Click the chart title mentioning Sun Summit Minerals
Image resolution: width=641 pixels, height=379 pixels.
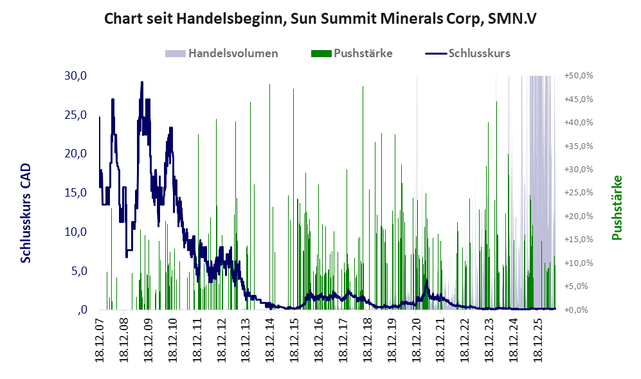click(x=320, y=19)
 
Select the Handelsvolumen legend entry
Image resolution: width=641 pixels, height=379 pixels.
click(x=222, y=53)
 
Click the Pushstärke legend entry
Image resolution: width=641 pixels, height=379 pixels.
click(x=352, y=53)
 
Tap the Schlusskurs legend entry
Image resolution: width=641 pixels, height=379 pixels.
click(x=467, y=53)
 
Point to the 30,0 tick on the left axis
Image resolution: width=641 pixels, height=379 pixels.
click(x=76, y=76)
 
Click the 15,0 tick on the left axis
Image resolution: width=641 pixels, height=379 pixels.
click(x=76, y=193)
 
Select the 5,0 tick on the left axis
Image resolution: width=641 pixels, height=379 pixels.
click(x=79, y=271)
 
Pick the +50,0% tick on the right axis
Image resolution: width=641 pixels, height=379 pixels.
click(x=579, y=76)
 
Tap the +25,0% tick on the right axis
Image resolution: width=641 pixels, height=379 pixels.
click(x=579, y=193)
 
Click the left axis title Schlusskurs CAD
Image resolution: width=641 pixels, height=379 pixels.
click(x=26, y=213)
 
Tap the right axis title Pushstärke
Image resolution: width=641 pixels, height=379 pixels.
click(x=617, y=207)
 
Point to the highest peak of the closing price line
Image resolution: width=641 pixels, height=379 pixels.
click(x=142, y=82)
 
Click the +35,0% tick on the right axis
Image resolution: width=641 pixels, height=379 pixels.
click(x=579, y=146)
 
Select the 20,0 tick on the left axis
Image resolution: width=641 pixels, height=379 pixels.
click(x=76, y=154)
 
